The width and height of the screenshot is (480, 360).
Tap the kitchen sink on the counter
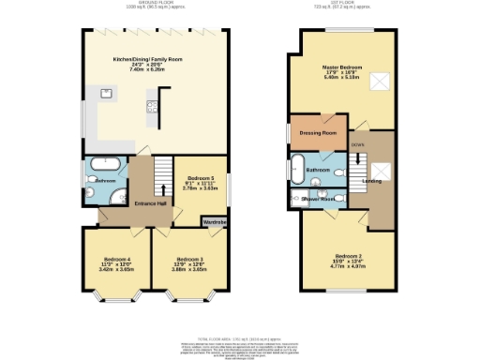click(105, 93)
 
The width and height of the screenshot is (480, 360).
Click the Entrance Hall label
click(151, 203)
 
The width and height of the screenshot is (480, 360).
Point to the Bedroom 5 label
click(201, 177)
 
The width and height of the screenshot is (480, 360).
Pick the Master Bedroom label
click(342, 68)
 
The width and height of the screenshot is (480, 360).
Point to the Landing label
click(371, 180)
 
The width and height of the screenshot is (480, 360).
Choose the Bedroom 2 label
click(347, 254)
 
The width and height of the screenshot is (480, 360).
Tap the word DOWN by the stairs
click(357, 144)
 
